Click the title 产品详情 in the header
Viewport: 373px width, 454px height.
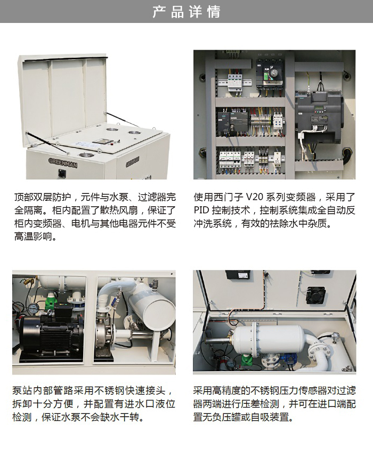point(186,12)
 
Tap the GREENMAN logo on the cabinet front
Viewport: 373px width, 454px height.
point(63,162)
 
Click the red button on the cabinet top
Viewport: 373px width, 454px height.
point(111,143)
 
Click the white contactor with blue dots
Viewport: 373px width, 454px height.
point(278,121)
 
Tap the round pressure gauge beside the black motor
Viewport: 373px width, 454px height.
point(34,308)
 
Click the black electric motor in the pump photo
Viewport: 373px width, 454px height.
point(47,333)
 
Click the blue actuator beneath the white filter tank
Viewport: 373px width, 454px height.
point(289,358)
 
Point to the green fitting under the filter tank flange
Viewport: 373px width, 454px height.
point(247,358)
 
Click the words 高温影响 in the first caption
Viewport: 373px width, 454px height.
point(33,237)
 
